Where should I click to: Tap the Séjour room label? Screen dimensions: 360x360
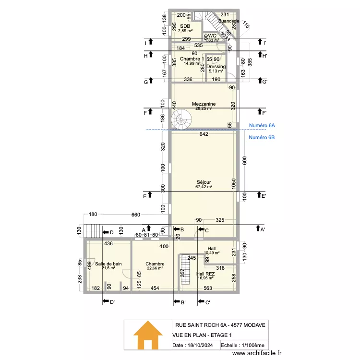coord(204,182)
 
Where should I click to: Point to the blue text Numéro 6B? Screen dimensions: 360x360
coord(262,138)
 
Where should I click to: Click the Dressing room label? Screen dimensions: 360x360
coord(216,67)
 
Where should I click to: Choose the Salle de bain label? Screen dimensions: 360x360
coord(108,264)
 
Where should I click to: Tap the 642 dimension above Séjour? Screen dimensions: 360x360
coord(204,134)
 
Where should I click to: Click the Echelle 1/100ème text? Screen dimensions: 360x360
coord(242,346)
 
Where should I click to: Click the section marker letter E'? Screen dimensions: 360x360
coord(263,196)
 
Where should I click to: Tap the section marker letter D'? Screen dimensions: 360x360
coord(111,302)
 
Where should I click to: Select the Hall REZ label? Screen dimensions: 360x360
coord(206,274)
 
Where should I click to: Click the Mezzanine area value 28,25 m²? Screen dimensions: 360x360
coord(204,108)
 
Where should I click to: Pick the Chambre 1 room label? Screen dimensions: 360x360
coord(192,59)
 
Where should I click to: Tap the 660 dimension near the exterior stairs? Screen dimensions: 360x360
coord(136,215)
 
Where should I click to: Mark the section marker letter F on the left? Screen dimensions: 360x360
coord(144,113)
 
